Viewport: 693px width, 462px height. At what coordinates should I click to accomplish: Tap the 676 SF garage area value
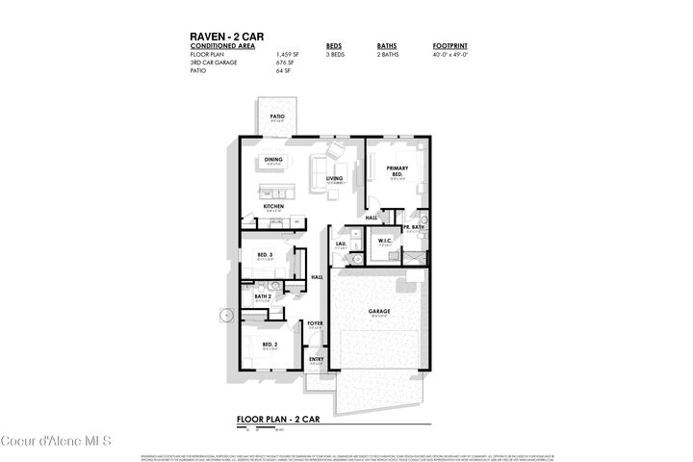[x=285, y=63]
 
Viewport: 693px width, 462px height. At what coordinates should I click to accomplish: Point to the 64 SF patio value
[x=283, y=71]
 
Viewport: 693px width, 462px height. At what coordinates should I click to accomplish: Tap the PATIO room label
[x=277, y=116]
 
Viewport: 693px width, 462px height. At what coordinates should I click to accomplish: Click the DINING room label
[x=273, y=160]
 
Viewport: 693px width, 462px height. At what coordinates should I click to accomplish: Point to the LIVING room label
[x=334, y=178]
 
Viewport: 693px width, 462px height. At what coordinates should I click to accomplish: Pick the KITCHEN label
[x=273, y=206]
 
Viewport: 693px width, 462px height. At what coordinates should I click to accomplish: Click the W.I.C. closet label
[x=384, y=241]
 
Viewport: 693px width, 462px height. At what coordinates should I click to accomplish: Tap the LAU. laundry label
[x=341, y=244]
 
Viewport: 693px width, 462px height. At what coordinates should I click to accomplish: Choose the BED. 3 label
[x=266, y=255]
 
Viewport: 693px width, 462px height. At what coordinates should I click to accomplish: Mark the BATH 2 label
[x=263, y=296]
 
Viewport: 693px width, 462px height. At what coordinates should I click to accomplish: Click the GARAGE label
[x=377, y=311]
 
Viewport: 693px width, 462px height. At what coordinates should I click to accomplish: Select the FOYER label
[x=315, y=323]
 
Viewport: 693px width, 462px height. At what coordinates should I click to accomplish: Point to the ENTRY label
[x=316, y=359]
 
